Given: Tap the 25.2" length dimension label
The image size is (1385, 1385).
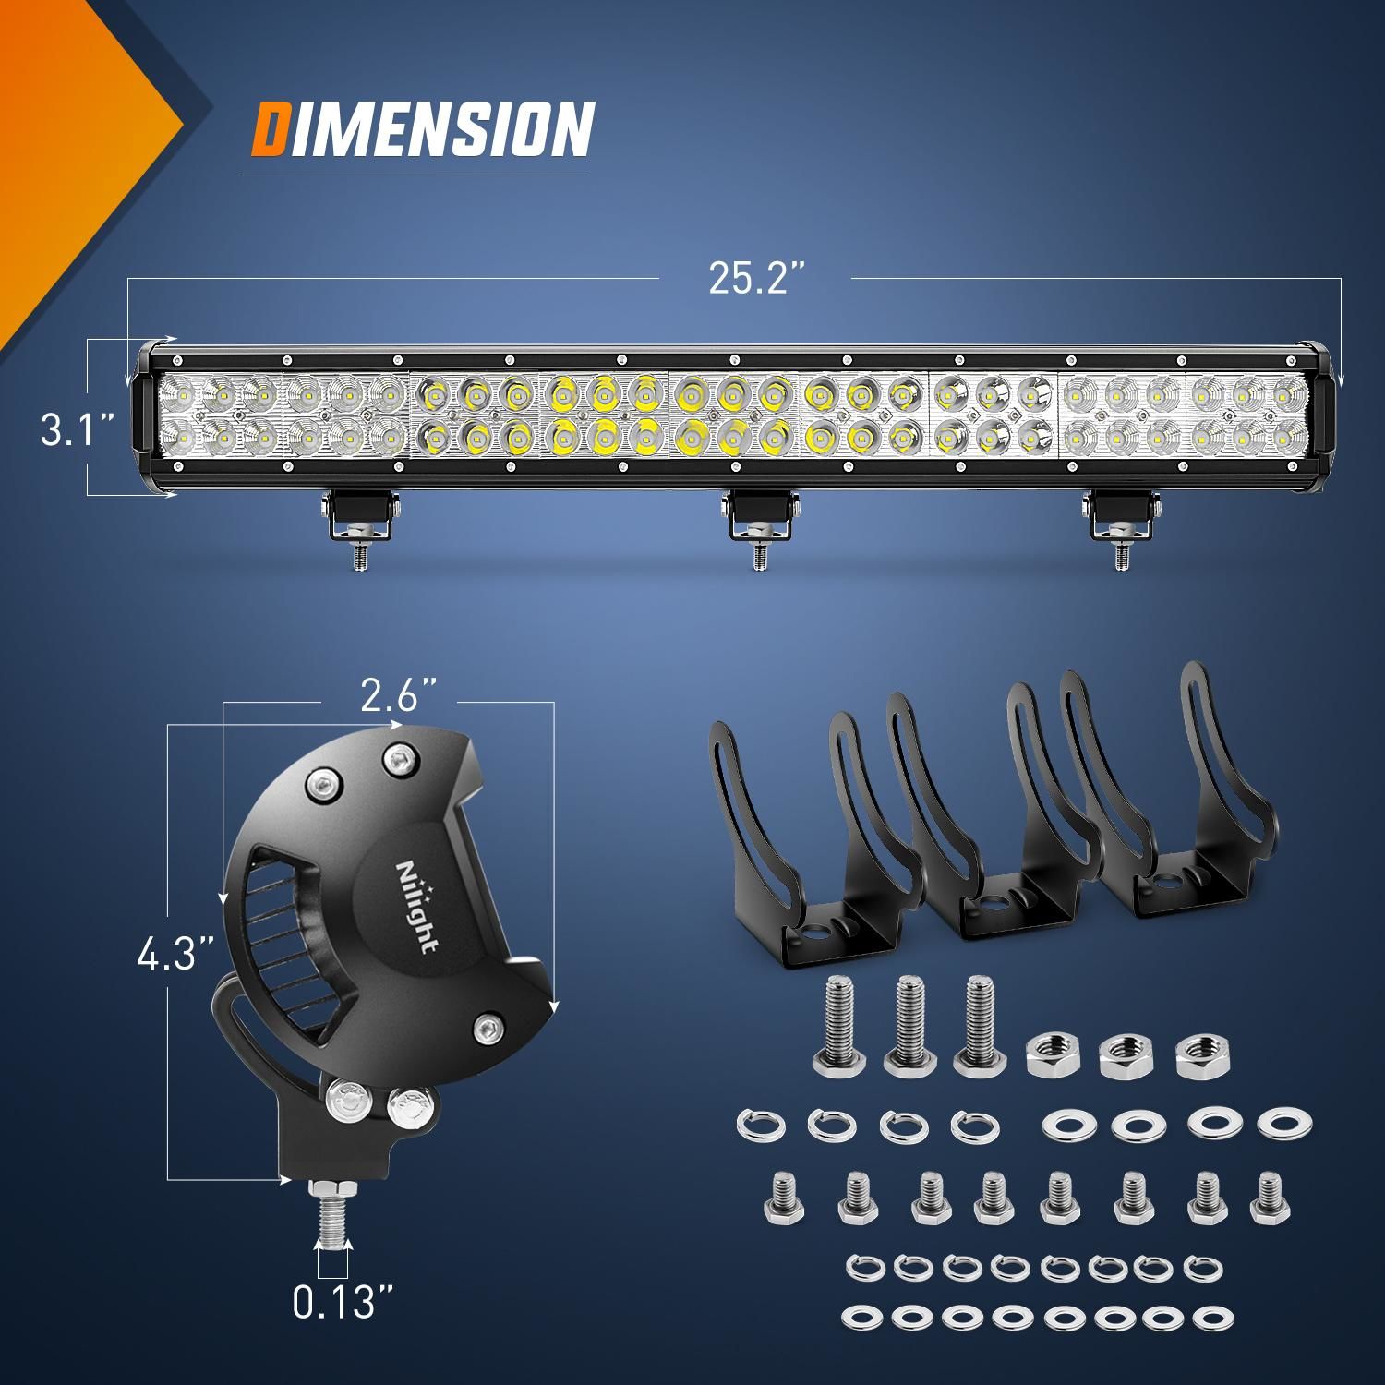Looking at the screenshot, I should pyautogui.click(x=753, y=277).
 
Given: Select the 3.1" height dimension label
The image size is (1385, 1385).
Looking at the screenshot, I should pyautogui.click(x=78, y=429).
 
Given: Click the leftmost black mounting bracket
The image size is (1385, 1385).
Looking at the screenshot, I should pyautogui.click(x=803, y=859).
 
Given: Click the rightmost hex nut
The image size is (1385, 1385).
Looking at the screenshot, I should pyautogui.click(x=1198, y=1054).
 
